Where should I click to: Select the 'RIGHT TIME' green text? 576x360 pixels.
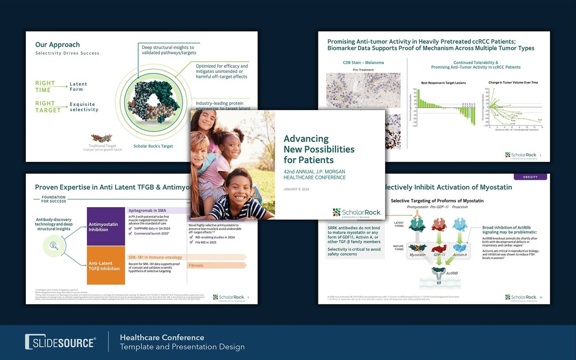pos(45,86)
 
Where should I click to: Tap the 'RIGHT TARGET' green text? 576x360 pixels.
pos(48,107)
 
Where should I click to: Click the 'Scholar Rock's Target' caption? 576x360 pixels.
pos(153,146)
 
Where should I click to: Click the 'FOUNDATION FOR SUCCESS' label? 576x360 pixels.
pos(54,199)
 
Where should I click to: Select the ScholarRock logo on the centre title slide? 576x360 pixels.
pos(356,212)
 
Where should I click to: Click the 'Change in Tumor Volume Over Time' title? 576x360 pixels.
pos(513,83)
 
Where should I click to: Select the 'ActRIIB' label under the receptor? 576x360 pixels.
pos(452,273)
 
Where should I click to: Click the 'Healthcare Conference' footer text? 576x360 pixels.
pos(162,337)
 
